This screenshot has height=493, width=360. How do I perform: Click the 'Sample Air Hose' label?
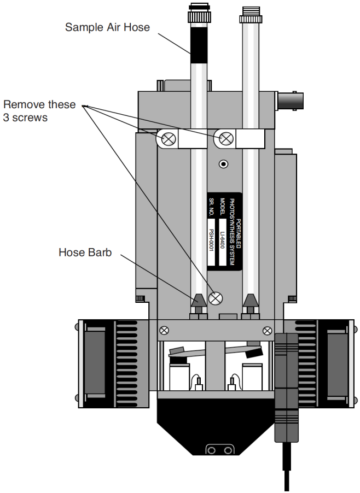click(107, 27)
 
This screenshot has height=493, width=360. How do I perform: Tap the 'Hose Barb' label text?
click(85, 253)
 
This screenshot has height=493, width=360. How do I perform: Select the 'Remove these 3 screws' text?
click(39, 110)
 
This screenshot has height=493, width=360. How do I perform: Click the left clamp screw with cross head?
click(169, 139)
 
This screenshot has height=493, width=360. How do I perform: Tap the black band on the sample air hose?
click(198, 39)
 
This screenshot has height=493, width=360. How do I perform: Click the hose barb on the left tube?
click(198, 300)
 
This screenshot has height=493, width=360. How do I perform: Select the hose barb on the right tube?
click(251, 300)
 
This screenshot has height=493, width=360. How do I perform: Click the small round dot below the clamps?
click(223, 164)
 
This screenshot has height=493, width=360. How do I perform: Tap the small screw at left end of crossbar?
click(164, 330)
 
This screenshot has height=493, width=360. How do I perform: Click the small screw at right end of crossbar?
click(268, 330)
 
